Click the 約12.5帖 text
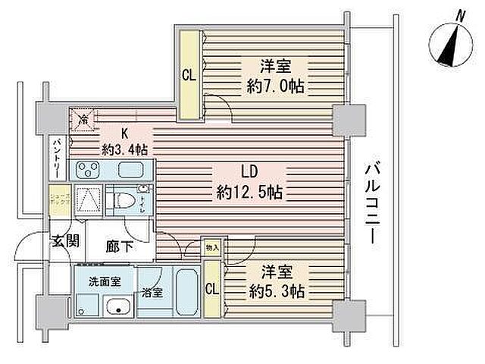click(x=249, y=192)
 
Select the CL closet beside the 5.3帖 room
click(x=212, y=287)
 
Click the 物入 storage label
click(x=212, y=247)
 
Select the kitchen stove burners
click(x=89, y=169)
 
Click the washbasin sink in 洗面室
click(x=117, y=307)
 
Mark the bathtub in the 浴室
click(x=183, y=292)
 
